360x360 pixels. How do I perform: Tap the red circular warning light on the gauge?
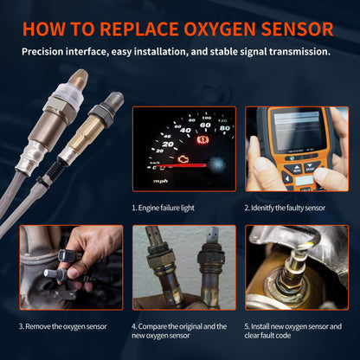point(204,138)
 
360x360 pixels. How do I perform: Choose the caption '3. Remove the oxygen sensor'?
point(64,326)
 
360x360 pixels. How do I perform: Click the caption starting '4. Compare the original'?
point(179,331)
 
